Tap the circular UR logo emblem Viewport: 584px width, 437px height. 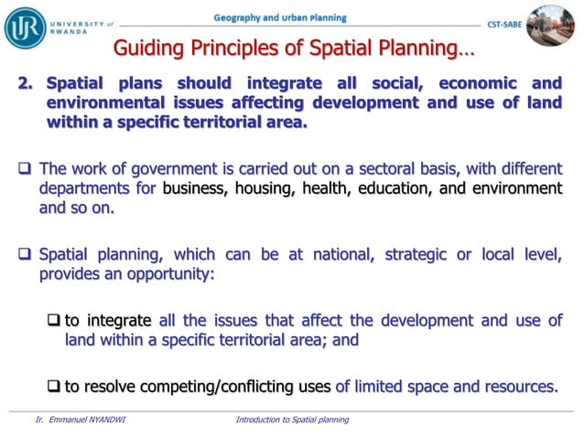pyautogui.click(x=25, y=27)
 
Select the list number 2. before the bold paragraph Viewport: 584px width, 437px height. pyautogui.click(x=26, y=83)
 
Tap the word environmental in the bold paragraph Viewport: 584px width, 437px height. pyautogui.click(x=105, y=102)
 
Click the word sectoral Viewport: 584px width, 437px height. pyautogui.click(x=333, y=167)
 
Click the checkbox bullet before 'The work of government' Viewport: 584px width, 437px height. pyautogui.click(x=26, y=168)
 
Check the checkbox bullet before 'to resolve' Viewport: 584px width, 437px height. pyautogui.click(x=54, y=386)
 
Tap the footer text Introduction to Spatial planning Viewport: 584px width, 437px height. pyautogui.click(x=292, y=420)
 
